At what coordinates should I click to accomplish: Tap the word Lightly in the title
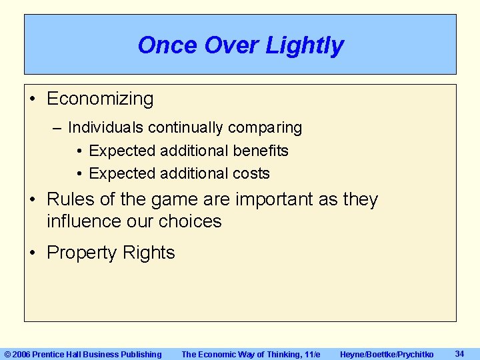[x=305, y=45]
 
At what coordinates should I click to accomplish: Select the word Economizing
[x=100, y=99]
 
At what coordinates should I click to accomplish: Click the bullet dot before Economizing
[x=33, y=99]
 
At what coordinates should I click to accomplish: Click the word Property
[x=83, y=253]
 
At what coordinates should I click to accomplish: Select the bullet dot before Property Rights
[x=33, y=253]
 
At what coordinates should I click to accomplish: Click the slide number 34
[x=459, y=353]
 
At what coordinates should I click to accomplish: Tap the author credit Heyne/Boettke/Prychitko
[x=387, y=354]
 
